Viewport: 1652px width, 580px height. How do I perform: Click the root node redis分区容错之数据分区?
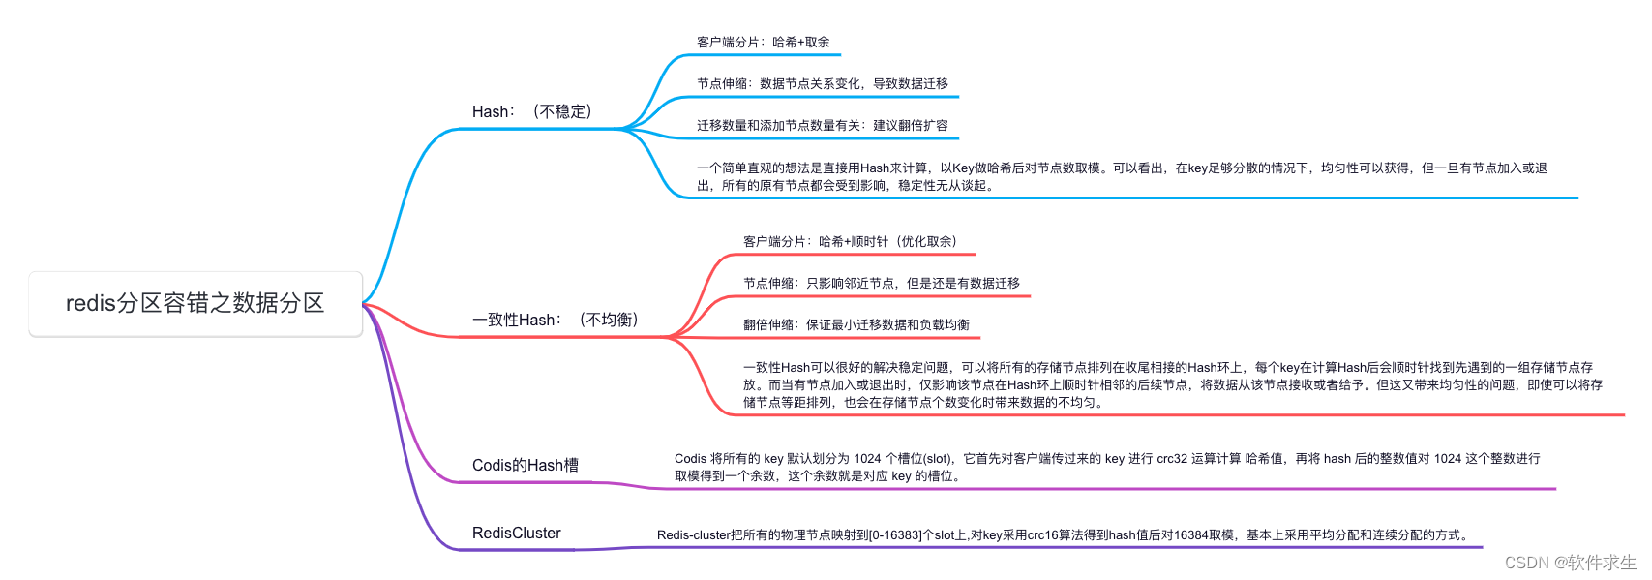(195, 304)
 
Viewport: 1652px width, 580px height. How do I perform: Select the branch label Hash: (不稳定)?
(532, 112)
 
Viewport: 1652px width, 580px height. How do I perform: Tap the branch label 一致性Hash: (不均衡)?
(556, 321)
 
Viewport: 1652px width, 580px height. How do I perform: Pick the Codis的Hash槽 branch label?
(526, 466)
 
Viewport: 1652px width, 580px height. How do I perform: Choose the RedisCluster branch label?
(517, 534)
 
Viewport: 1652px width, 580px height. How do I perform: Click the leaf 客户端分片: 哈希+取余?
(764, 43)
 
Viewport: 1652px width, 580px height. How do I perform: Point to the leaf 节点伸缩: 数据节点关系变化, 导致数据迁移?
(823, 84)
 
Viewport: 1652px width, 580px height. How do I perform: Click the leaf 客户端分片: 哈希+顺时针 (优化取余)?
(850, 242)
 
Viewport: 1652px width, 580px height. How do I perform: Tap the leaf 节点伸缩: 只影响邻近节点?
(882, 284)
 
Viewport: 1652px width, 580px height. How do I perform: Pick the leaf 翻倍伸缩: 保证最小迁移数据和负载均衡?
(856, 325)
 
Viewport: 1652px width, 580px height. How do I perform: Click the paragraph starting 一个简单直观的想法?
(1122, 177)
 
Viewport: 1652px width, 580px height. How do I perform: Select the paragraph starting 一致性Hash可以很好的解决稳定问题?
(1172, 385)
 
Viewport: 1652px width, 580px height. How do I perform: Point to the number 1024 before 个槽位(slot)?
(867, 459)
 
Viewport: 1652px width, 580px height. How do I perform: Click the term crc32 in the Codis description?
(1172, 459)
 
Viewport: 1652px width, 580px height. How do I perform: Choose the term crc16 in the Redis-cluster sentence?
(1042, 535)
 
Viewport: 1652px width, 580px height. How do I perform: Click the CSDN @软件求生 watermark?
(1571, 563)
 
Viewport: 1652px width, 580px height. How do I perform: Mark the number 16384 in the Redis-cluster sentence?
(1192, 535)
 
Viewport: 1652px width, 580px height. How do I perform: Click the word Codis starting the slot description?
(691, 459)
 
